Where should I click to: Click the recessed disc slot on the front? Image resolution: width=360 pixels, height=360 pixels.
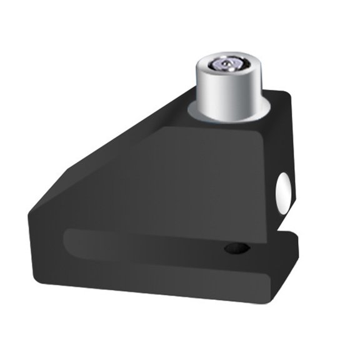pyautogui.click(x=156, y=244)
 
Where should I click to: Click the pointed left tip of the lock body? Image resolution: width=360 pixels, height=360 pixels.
pyautogui.click(x=31, y=212)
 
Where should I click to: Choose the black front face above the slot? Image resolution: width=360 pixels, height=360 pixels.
pyautogui.click(x=187, y=187)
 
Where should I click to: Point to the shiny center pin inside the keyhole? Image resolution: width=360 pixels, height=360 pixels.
pyautogui.click(x=226, y=63)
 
